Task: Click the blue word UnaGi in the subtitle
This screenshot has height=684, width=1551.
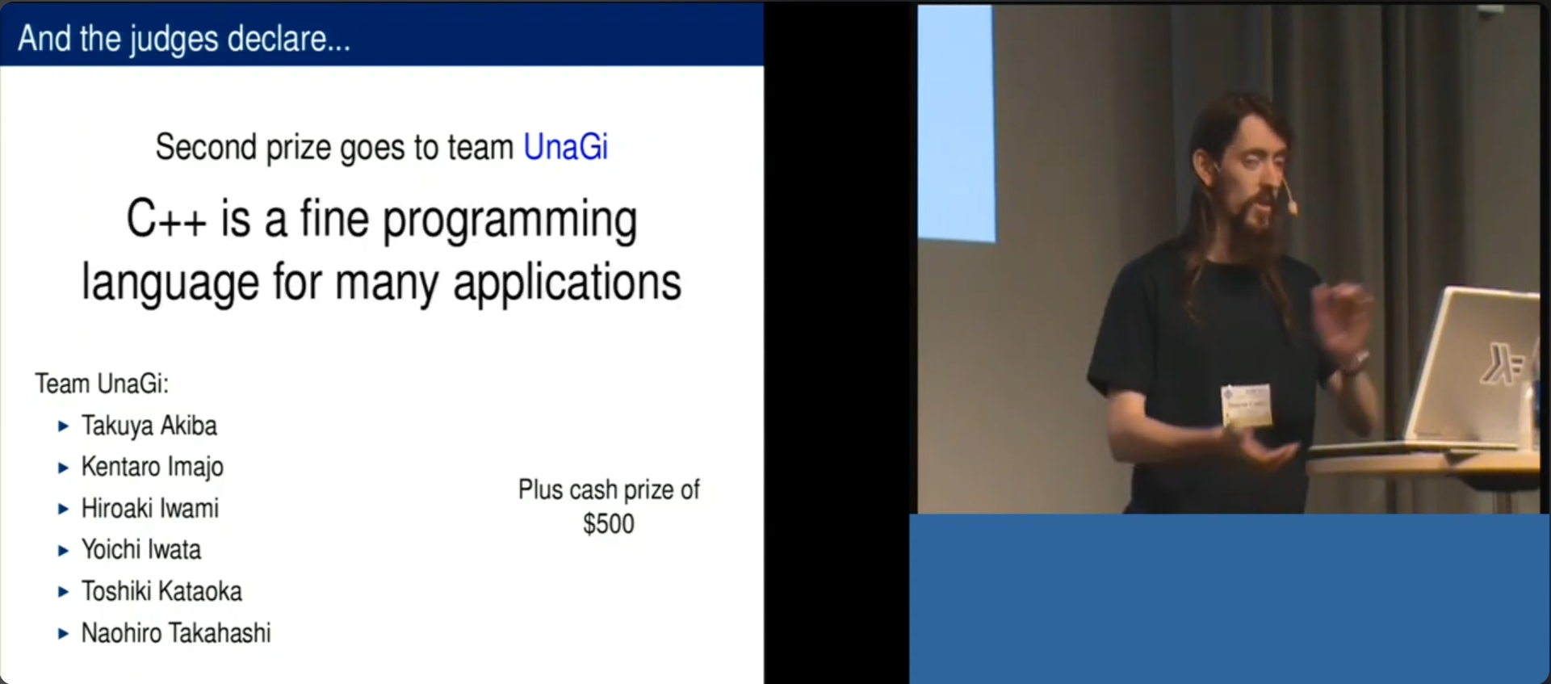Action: tap(565, 147)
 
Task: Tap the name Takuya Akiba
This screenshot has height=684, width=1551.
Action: tap(149, 426)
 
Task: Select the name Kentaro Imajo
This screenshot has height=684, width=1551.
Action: tap(153, 467)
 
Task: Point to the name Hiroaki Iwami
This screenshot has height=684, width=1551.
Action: tap(150, 508)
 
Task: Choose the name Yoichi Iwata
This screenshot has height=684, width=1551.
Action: tap(141, 549)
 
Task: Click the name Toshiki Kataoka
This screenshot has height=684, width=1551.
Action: tap(161, 591)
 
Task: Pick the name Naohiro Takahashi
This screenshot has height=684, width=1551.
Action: tap(176, 632)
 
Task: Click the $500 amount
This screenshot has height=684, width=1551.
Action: tap(609, 524)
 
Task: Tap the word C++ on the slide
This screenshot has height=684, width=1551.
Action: tap(166, 220)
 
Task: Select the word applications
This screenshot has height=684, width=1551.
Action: tap(567, 283)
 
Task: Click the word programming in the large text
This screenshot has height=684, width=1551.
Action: tap(509, 221)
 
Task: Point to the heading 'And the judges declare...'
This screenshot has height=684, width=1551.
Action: tap(184, 39)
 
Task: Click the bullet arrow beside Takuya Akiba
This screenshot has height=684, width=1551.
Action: tap(63, 426)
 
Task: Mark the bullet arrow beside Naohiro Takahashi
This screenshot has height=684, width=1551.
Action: tap(63, 634)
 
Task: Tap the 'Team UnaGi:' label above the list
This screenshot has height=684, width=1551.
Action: tap(102, 384)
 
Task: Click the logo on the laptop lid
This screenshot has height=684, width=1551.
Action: tap(1502, 364)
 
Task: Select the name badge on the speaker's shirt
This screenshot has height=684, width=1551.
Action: tap(1247, 405)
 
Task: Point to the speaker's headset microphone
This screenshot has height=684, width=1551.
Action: tap(1289, 200)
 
